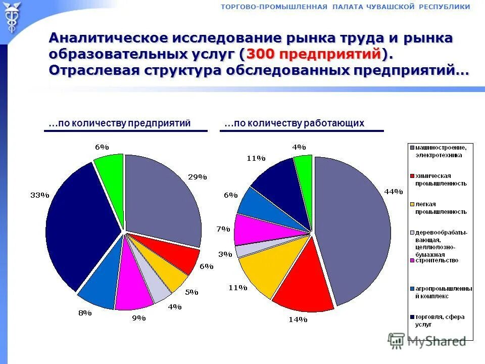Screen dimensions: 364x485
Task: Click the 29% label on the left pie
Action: pos(198,177)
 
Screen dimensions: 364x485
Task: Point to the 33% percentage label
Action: pos(39,195)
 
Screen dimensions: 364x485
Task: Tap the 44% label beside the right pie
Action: pos(394,192)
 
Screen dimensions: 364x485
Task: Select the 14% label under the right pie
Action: pos(298,319)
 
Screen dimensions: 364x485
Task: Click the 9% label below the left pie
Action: pos(138,318)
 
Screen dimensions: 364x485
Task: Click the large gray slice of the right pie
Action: pos(354,227)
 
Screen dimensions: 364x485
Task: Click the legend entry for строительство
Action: pos(437,260)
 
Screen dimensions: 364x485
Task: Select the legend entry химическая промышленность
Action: pos(441,179)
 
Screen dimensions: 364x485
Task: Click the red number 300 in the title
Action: pos(261,54)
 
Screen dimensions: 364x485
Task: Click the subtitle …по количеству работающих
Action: pos(295,123)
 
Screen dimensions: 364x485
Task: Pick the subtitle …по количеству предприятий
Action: pos(120,123)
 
